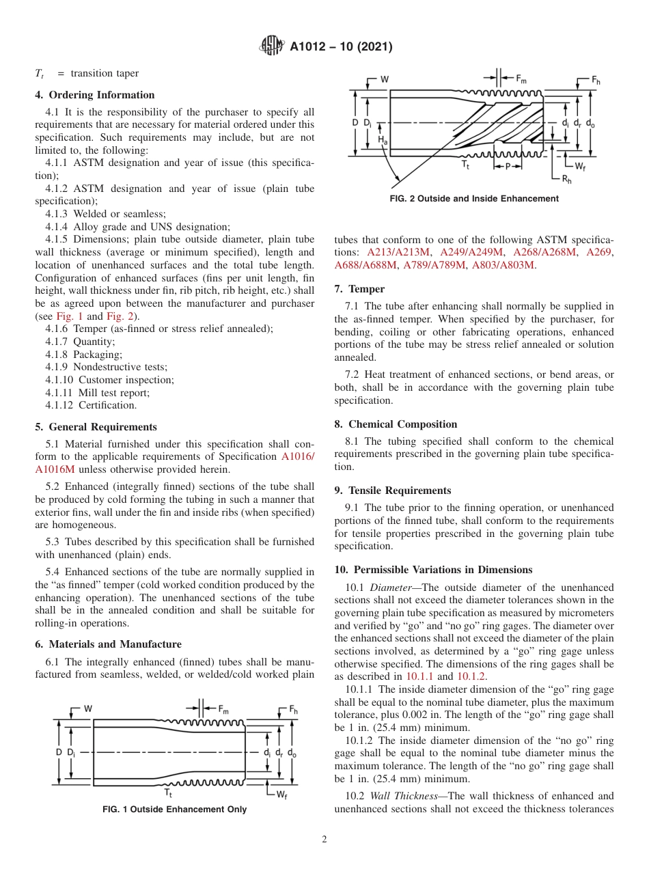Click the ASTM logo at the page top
273,46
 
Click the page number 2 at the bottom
324,839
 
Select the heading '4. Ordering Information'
95,95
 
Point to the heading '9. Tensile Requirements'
393,491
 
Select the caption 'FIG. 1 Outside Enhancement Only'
174,810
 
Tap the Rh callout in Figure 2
566,179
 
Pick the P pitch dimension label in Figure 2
508,166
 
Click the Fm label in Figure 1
223,708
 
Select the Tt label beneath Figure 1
168,792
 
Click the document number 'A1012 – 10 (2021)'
341,47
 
